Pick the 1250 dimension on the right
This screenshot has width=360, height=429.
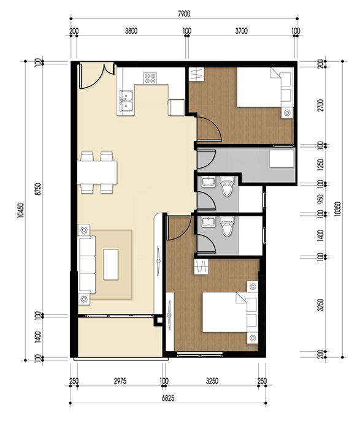point(318,165)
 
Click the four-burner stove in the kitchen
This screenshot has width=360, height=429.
point(150,78)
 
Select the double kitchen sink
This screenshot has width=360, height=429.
point(128,99)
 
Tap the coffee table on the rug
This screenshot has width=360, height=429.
point(111,264)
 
